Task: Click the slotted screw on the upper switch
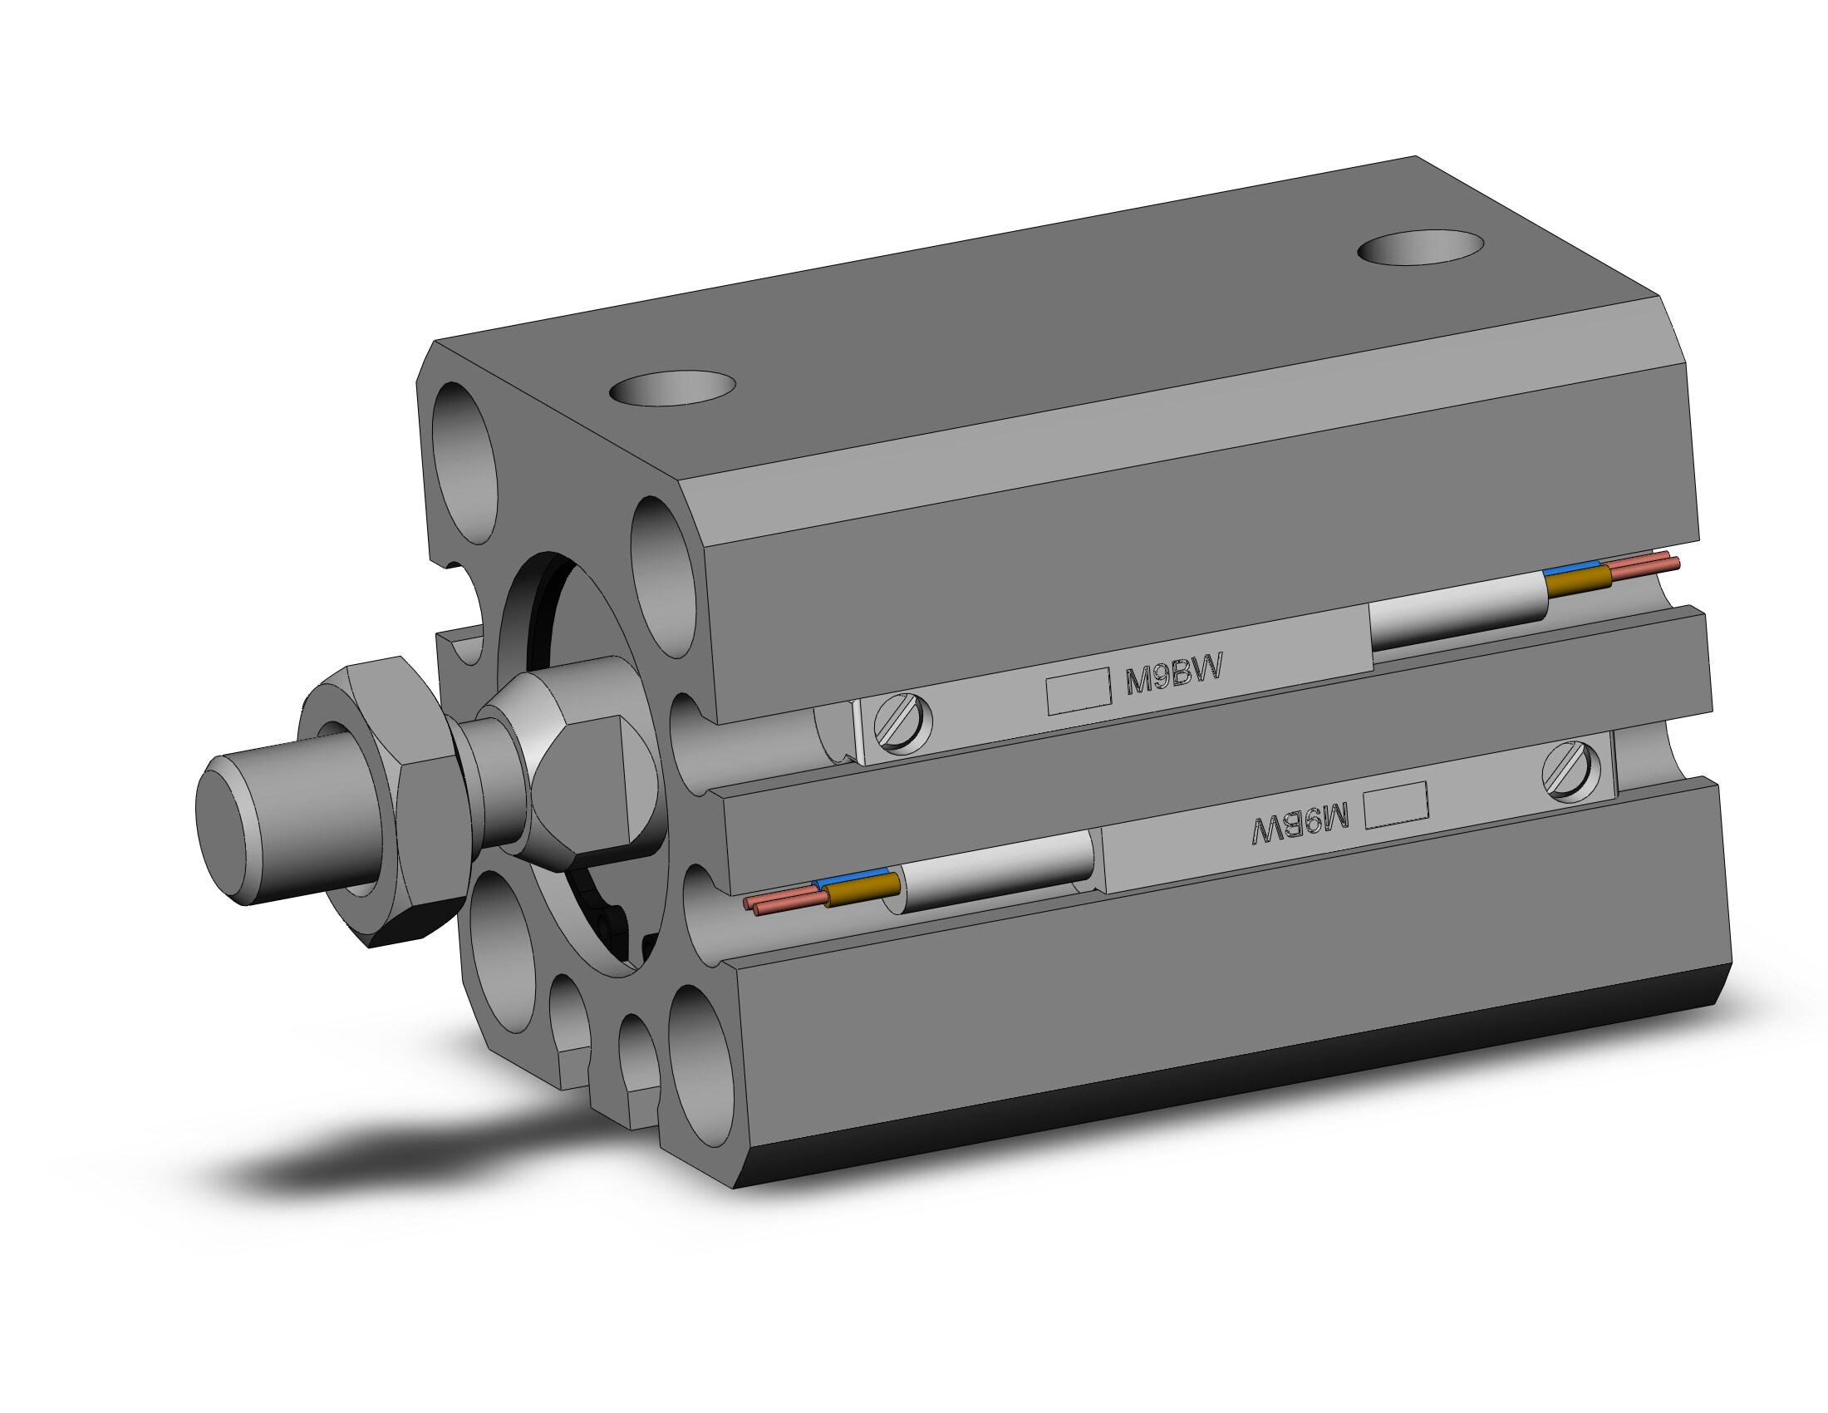click(x=902, y=721)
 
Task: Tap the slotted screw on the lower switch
click(x=1570, y=772)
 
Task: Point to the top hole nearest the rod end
click(x=672, y=387)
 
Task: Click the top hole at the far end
click(x=1420, y=247)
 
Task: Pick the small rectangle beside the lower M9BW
click(x=1396, y=805)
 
